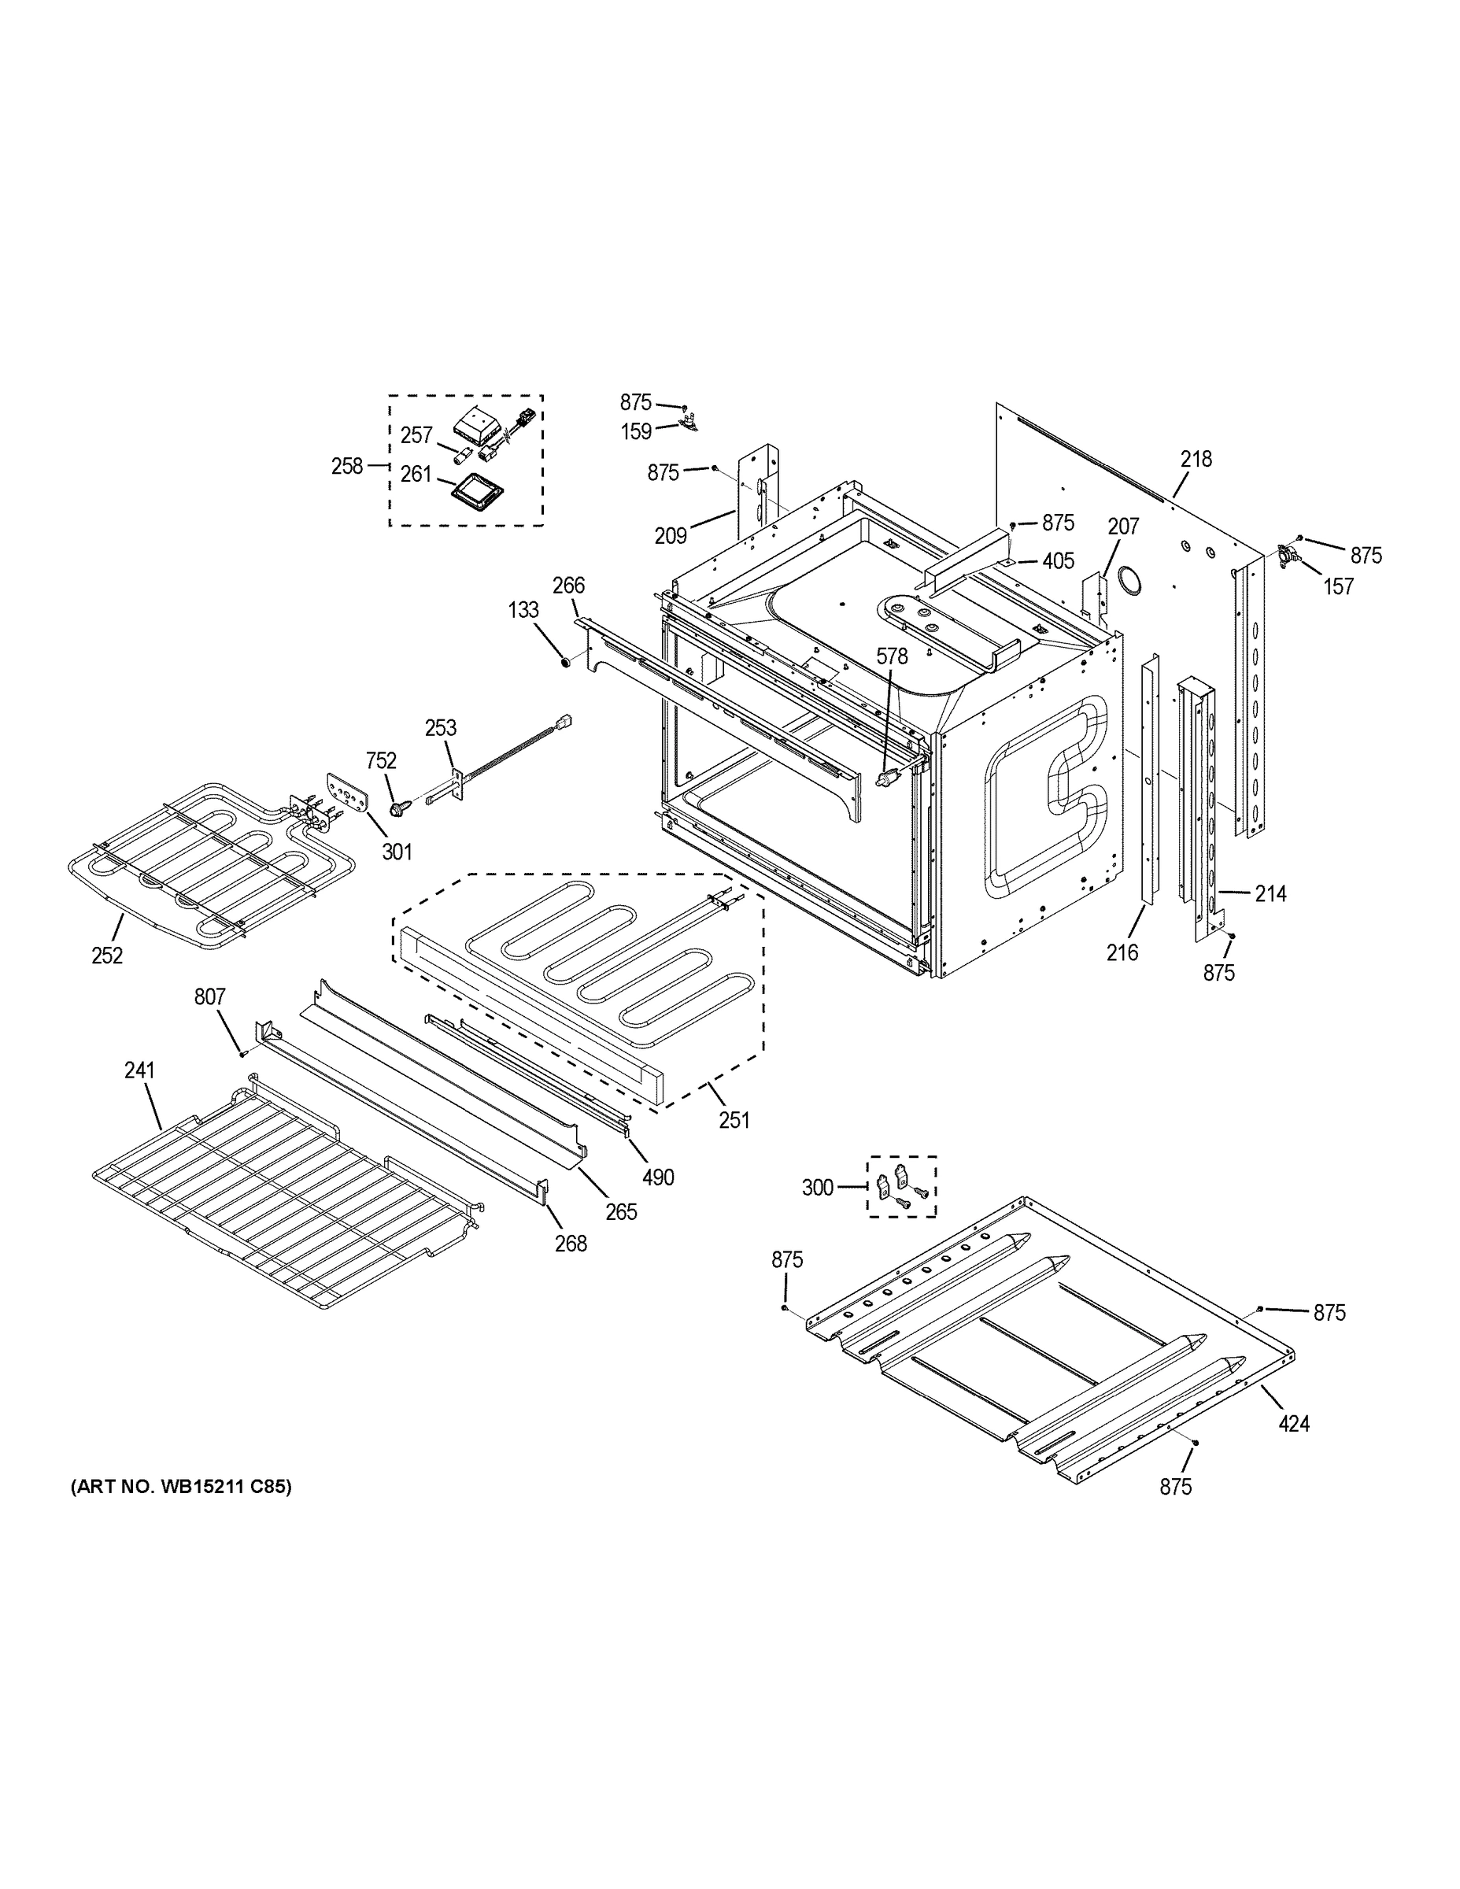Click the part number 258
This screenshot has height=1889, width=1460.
point(347,466)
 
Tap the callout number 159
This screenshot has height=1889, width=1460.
point(637,431)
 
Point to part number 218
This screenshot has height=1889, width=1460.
point(1197,460)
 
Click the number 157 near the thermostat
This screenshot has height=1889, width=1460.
point(1338,586)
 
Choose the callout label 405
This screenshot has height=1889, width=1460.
point(1059,561)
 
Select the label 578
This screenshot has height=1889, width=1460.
point(892,656)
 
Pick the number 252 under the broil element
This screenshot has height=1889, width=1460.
point(107,956)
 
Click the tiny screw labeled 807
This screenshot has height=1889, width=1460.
point(243,1053)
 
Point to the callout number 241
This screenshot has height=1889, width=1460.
point(139,1070)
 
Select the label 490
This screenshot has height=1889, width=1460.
point(658,1177)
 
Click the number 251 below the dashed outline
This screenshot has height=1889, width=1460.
point(734,1120)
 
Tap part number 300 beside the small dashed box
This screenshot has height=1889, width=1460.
point(817,1188)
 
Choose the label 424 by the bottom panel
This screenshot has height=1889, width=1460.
point(1294,1423)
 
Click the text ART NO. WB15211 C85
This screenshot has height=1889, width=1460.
point(181,1487)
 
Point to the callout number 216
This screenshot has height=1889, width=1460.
point(1122,952)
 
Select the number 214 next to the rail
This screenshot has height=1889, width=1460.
point(1270,893)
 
